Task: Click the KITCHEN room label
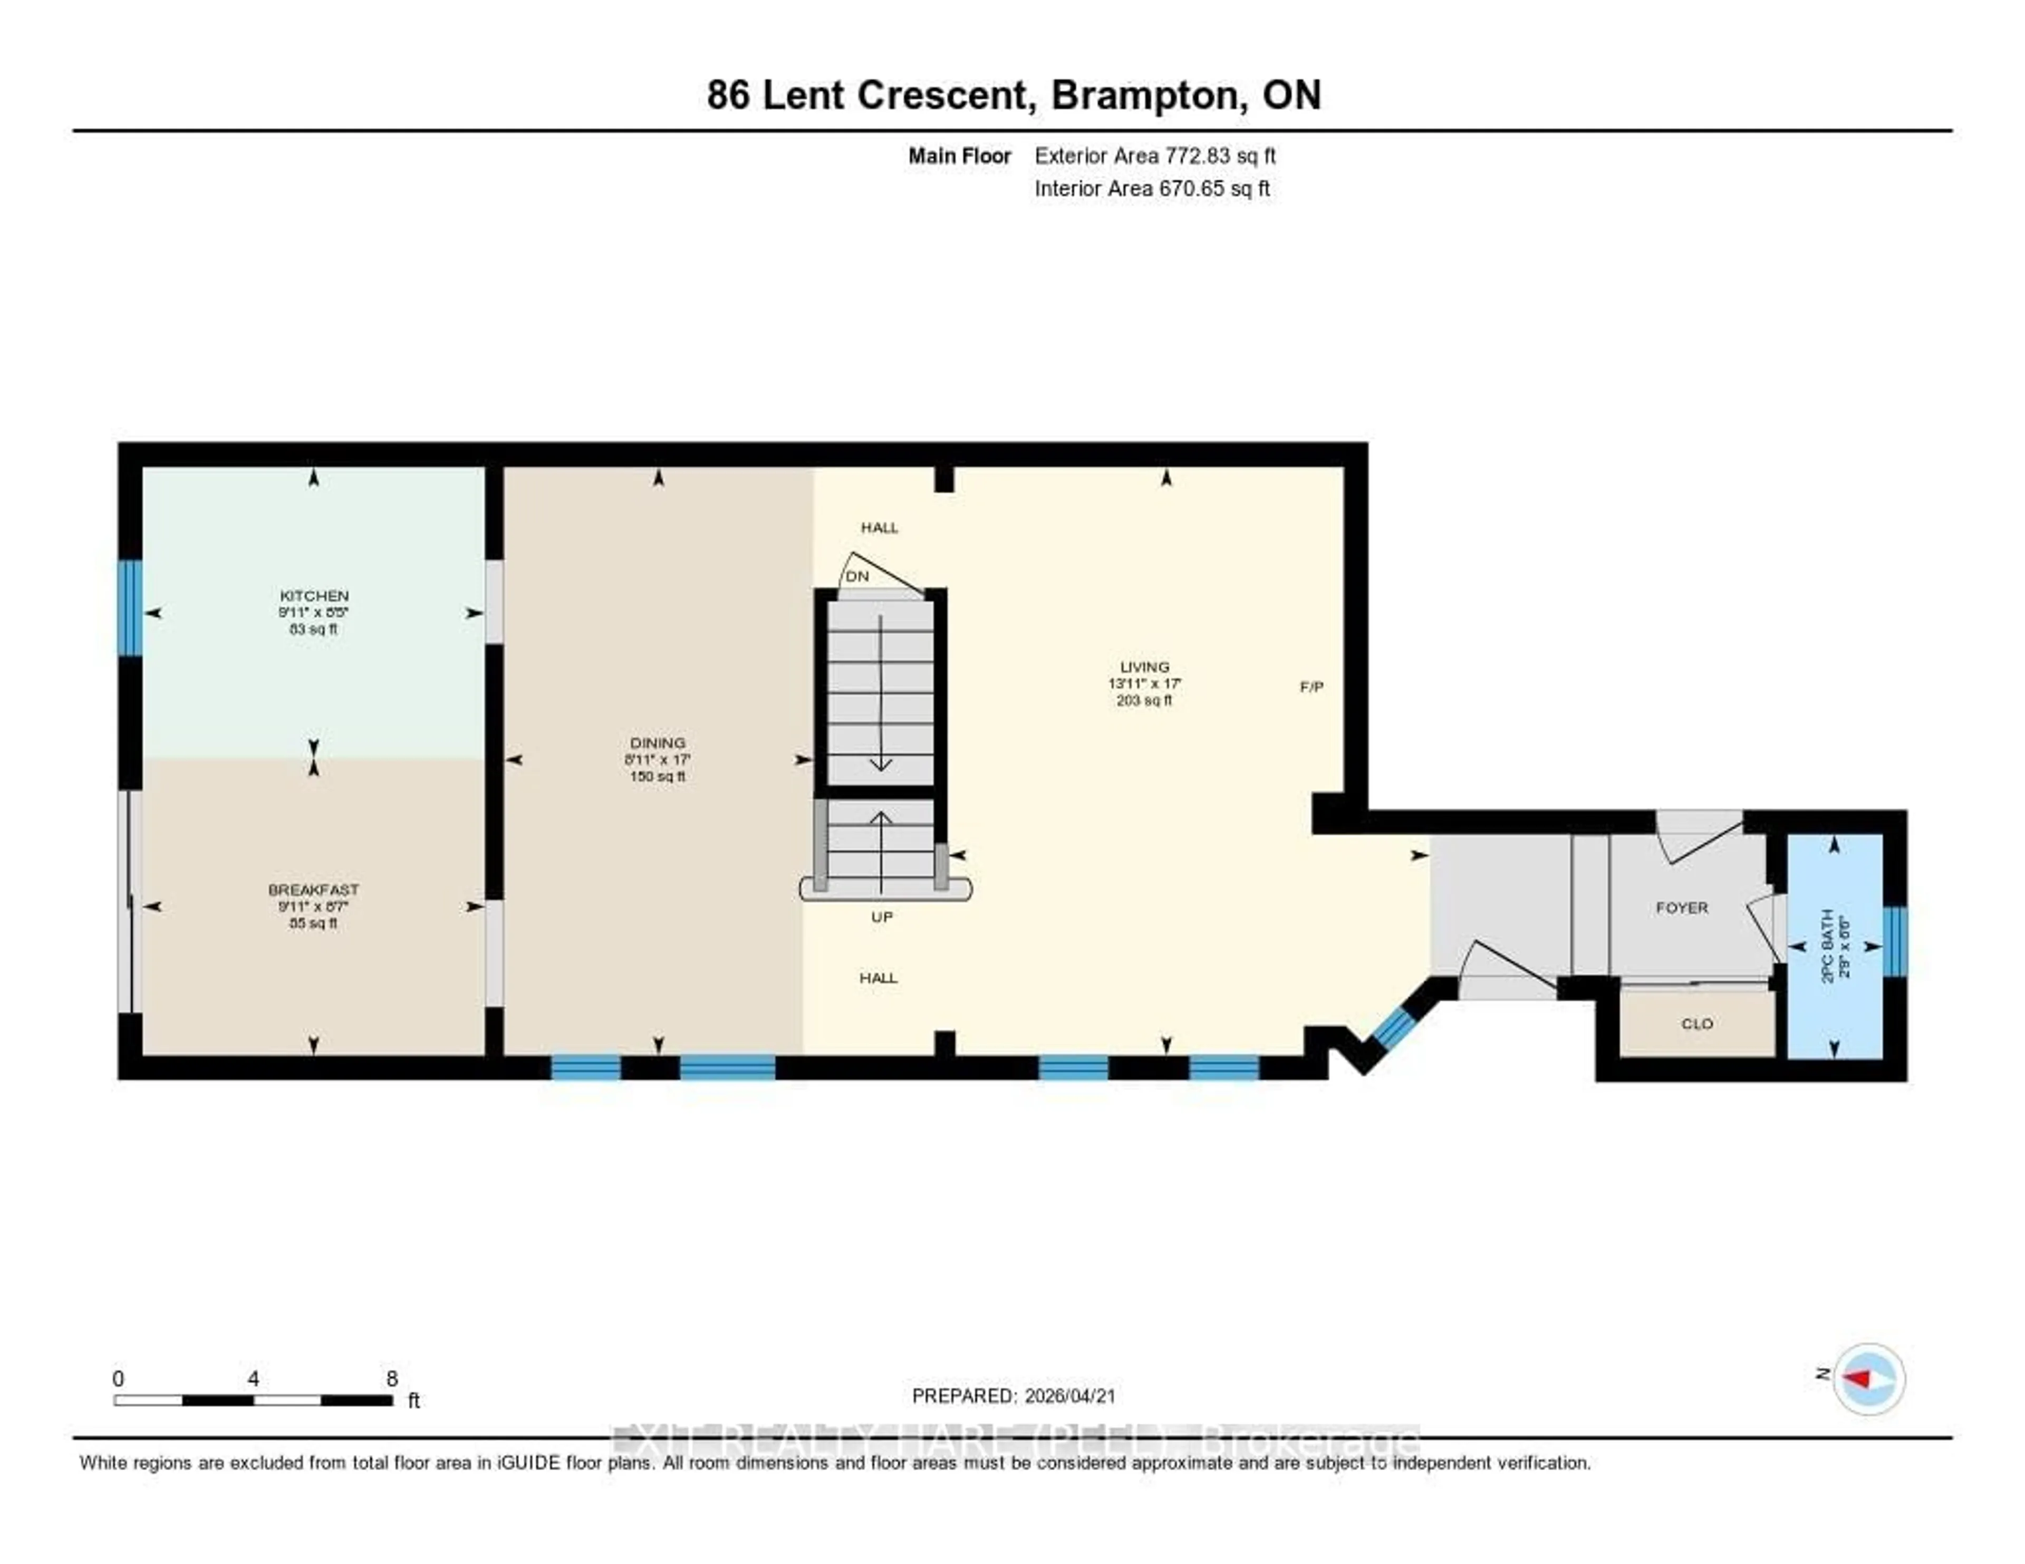tap(313, 596)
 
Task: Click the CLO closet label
tap(1697, 1024)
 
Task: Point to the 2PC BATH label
tap(1827, 945)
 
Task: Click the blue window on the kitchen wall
tap(130, 607)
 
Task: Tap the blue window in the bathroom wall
tap(1895, 941)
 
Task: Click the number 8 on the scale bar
tap(392, 1378)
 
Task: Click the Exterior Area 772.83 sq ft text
tap(1154, 156)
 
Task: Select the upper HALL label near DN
tap(879, 527)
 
